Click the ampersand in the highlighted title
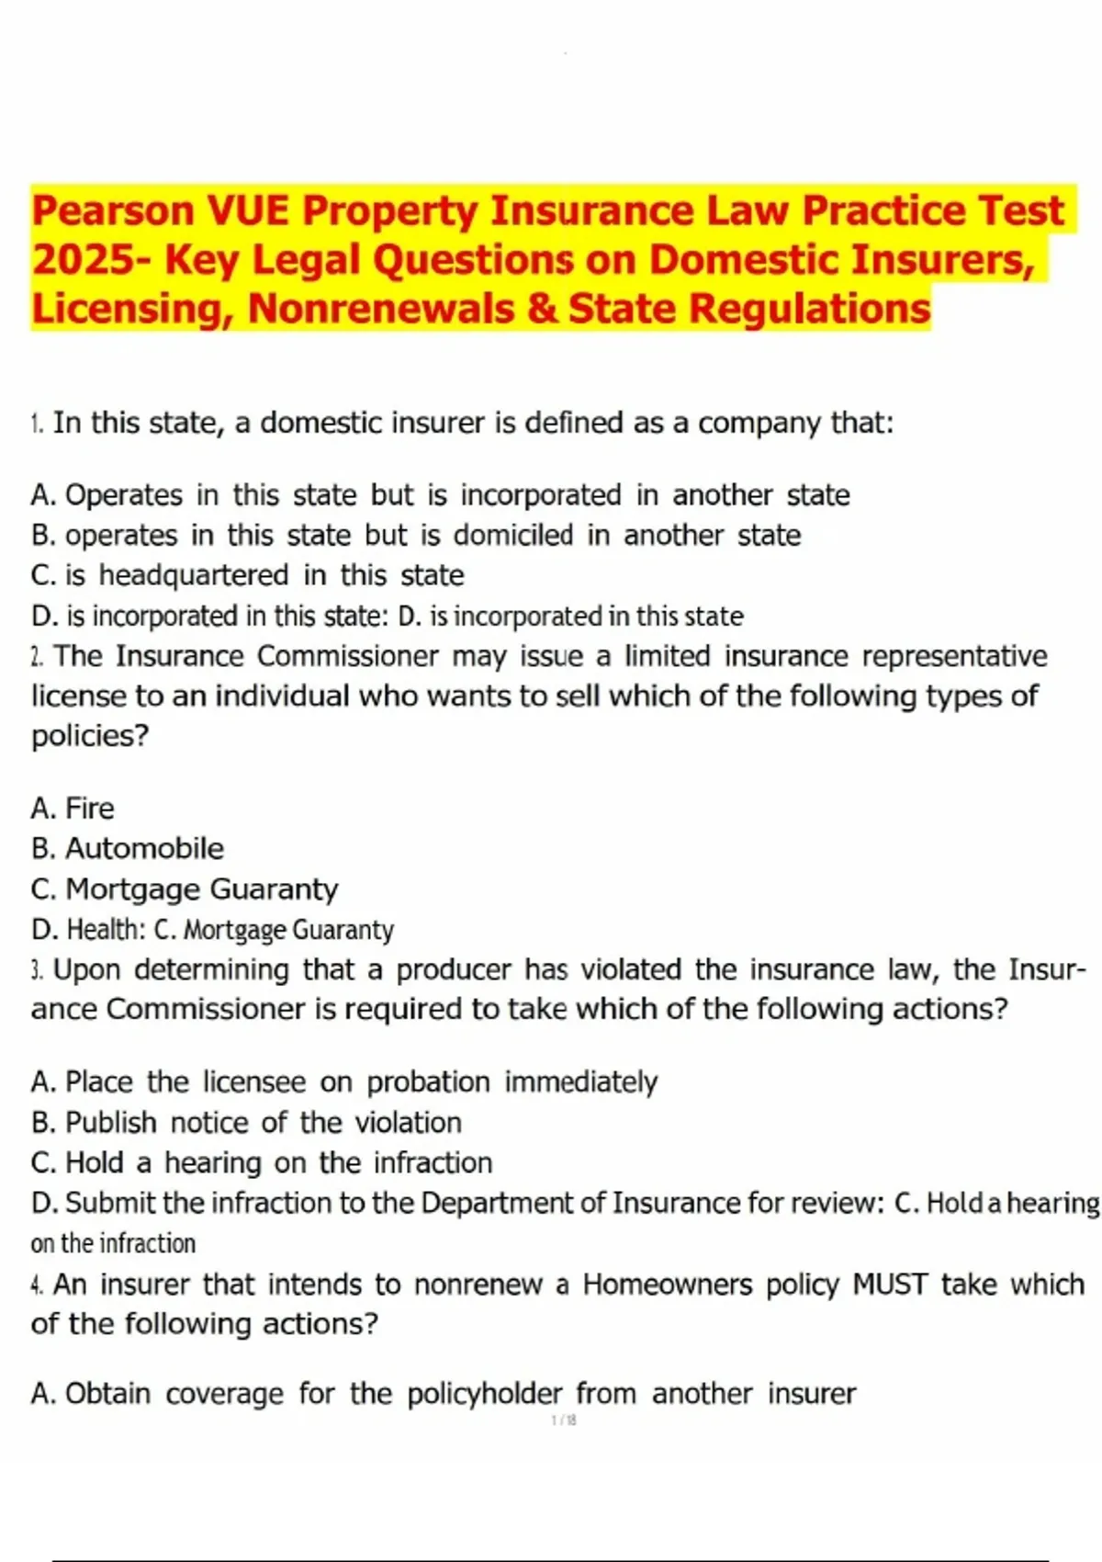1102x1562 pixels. (x=541, y=309)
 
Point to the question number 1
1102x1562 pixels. (x=37, y=424)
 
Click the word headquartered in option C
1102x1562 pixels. (x=194, y=575)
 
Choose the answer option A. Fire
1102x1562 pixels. (x=73, y=809)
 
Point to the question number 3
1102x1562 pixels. (x=37, y=970)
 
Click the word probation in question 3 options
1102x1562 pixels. (x=428, y=1082)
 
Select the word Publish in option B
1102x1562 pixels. (x=111, y=1123)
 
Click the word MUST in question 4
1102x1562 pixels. (x=890, y=1284)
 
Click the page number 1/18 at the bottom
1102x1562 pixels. (x=564, y=1421)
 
